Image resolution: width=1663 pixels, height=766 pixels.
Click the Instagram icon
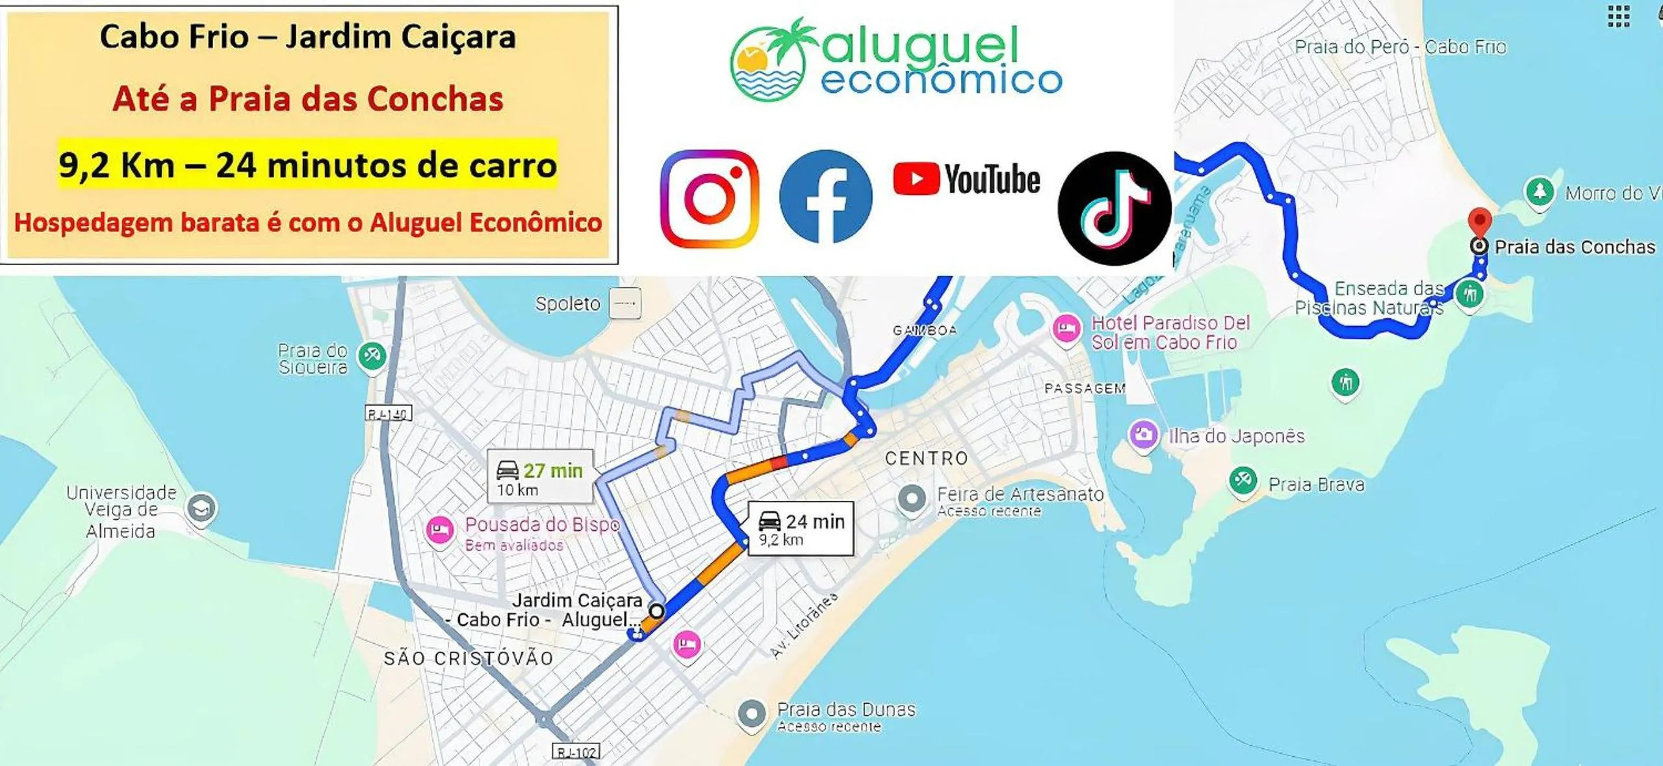pos(709,198)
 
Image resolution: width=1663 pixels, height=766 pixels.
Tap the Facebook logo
pos(825,196)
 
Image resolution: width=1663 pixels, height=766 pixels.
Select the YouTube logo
pos(966,179)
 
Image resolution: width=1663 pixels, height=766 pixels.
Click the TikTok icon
pos(1115,209)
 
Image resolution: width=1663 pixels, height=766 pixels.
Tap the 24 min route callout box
pos(801,529)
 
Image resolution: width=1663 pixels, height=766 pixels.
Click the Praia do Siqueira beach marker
pos(372,355)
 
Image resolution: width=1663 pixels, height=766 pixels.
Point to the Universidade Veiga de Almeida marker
pos(201,507)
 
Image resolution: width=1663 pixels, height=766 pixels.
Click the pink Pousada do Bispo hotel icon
pos(440,530)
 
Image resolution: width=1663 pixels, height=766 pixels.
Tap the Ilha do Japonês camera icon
pos(1143,435)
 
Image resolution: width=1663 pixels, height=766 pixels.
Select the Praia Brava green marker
pos(1243,481)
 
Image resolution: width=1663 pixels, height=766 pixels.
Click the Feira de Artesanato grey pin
pos(912,499)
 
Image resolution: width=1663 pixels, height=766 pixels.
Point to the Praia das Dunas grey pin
pos(752,713)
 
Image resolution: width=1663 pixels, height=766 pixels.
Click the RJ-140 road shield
pos(388,413)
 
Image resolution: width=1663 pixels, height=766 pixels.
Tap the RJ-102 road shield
pos(576,752)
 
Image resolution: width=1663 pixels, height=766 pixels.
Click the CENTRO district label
pos(927,458)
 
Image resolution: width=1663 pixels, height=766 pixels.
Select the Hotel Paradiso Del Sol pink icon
pos(1066,329)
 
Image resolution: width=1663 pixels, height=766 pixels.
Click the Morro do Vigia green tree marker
pos(1540,192)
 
